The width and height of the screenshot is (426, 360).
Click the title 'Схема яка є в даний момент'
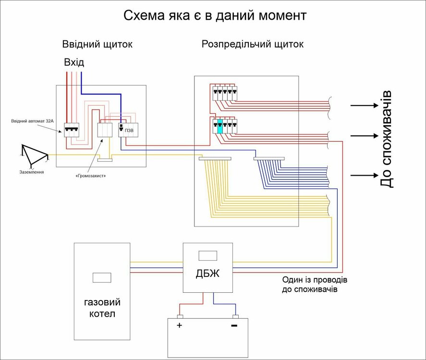[215, 15]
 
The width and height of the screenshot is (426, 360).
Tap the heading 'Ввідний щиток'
[97, 44]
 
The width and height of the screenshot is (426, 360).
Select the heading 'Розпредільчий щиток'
[252, 44]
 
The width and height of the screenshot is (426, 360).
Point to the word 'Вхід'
[74, 62]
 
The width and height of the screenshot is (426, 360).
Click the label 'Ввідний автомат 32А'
[32, 121]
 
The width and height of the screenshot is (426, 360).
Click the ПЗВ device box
[127, 130]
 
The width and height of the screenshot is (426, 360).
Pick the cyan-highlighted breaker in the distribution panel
[220, 127]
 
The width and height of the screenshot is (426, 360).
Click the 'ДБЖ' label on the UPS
[207, 274]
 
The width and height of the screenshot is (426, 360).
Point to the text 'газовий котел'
[102, 308]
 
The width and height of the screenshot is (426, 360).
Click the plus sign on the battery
[179, 325]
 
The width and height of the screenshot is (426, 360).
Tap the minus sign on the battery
[234, 325]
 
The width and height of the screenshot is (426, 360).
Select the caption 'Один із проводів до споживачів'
[315, 285]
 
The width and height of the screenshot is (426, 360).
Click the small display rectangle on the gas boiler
[102, 277]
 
